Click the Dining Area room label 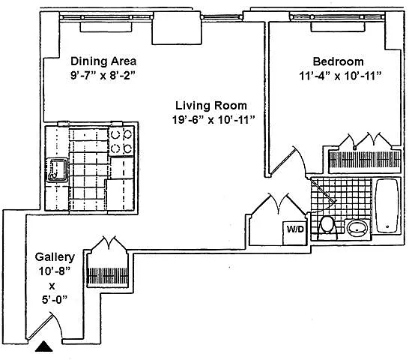click(103, 61)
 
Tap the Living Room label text click(211, 106)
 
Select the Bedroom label click(339, 61)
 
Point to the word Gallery click(55, 257)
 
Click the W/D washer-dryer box click(295, 233)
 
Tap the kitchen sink click(57, 169)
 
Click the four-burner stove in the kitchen click(121, 142)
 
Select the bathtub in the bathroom click(387, 205)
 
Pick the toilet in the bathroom click(327, 227)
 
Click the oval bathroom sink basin click(357, 228)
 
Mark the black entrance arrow click(44, 346)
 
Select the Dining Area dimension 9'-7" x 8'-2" click(103, 76)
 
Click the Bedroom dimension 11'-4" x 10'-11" click(340, 76)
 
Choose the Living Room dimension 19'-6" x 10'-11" click(213, 120)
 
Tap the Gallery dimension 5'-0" click(55, 299)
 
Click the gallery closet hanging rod click(108, 275)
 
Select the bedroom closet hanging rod click(365, 160)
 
